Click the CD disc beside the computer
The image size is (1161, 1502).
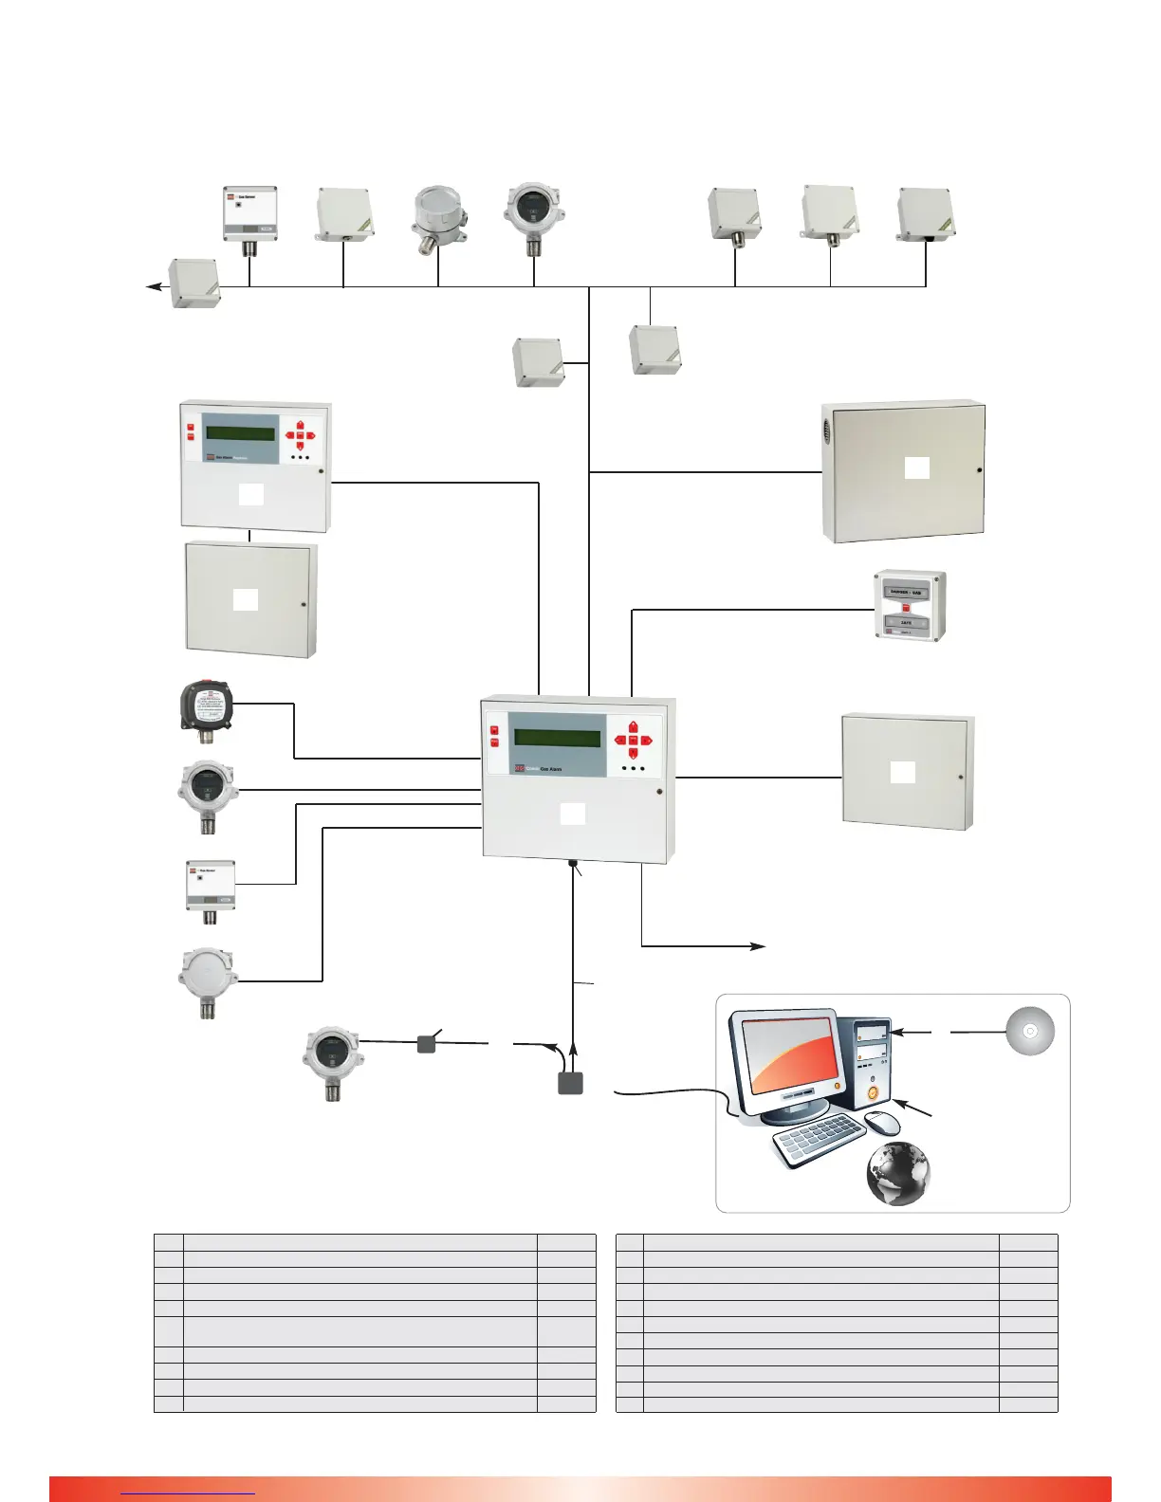pyautogui.click(x=1030, y=1031)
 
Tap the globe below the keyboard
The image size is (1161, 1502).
pyautogui.click(x=897, y=1173)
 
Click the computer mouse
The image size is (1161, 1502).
pyautogui.click(x=883, y=1123)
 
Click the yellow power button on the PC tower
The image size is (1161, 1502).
pyautogui.click(x=873, y=1092)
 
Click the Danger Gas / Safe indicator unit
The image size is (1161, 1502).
pyautogui.click(x=909, y=606)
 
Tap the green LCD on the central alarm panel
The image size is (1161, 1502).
pyautogui.click(x=557, y=738)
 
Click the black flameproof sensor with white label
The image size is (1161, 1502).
pyautogui.click(x=207, y=705)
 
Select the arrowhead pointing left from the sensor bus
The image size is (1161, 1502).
pyautogui.click(x=152, y=285)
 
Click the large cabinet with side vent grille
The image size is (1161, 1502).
pyautogui.click(x=903, y=471)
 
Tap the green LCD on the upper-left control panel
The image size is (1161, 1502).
pyautogui.click(x=240, y=434)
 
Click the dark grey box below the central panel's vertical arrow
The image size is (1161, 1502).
pyautogui.click(x=570, y=1083)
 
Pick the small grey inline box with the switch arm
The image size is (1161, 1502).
pyautogui.click(x=427, y=1043)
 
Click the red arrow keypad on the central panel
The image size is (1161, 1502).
pyautogui.click(x=633, y=739)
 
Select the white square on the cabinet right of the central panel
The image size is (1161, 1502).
pyautogui.click(x=903, y=772)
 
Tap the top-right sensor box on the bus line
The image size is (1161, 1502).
pyautogui.click(x=926, y=214)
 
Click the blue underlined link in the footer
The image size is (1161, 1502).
pyautogui.click(x=188, y=1493)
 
